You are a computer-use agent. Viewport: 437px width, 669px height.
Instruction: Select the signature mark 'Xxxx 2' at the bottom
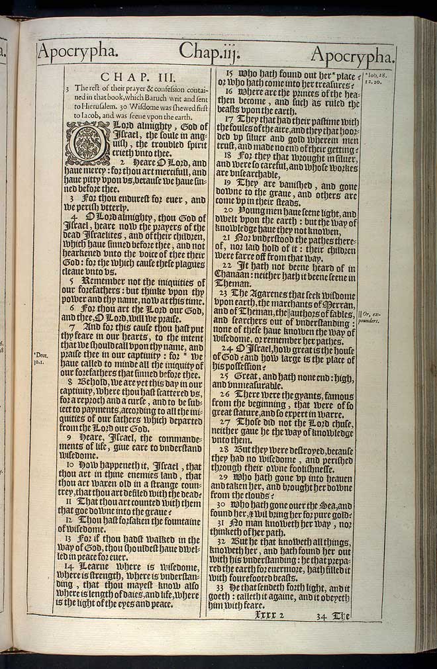coord(269,615)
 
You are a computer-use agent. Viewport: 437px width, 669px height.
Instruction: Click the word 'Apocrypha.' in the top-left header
coord(79,51)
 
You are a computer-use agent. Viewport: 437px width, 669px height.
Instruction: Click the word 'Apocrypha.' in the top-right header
coord(352,54)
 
